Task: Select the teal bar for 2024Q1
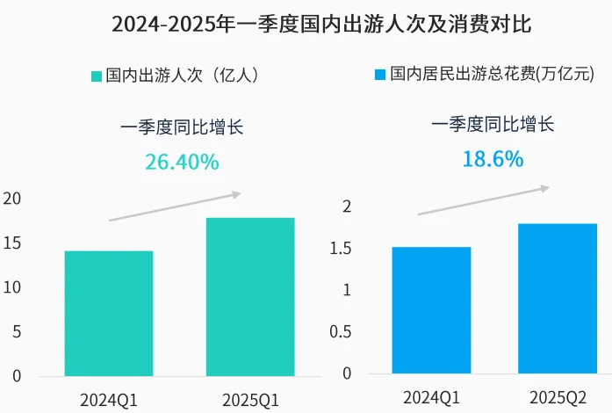(109, 314)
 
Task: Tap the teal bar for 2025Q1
(250, 297)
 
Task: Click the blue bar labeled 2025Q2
(558, 298)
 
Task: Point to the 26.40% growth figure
(182, 162)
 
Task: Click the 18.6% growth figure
(493, 159)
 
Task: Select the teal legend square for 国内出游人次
(97, 76)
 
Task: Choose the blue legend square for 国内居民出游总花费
(381, 76)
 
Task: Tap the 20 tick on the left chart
(12, 198)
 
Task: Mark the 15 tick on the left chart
(12, 243)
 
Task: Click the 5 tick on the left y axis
(17, 331)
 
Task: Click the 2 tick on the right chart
(347, 207)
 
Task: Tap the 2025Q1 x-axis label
(250, 400)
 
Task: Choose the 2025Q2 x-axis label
(558, 398)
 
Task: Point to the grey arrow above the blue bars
(483, 200)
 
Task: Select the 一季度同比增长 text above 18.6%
(493, 125)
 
